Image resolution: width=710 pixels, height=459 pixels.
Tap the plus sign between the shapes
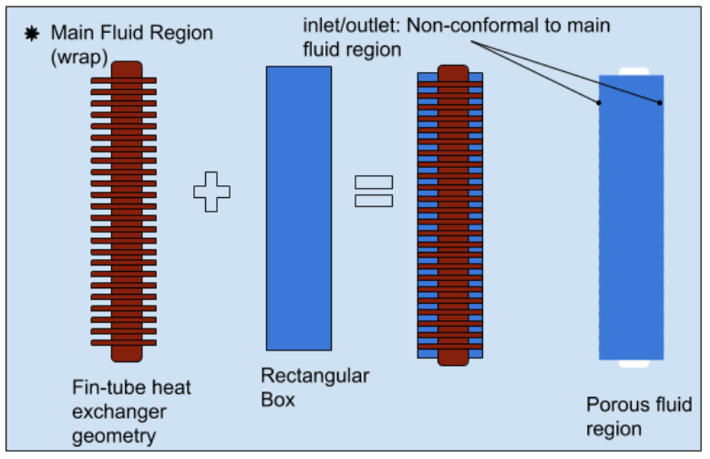click(x=211, y=192)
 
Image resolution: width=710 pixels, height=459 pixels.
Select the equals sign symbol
click(x=374, y=192)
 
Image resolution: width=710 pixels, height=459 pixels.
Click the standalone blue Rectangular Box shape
click(x=298, y=208)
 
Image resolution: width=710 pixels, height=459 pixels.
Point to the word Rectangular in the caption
click(x=314, y=376)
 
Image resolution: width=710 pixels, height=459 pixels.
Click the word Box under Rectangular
click(x=278, y=399)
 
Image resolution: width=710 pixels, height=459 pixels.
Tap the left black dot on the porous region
click(x=599, y=103)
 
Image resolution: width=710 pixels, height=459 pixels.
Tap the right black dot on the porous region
click(x=659, y=102)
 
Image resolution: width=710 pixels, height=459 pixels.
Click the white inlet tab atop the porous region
click(x=632, y=71)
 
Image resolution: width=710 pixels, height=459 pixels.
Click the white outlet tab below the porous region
click(x=632, y=363)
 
